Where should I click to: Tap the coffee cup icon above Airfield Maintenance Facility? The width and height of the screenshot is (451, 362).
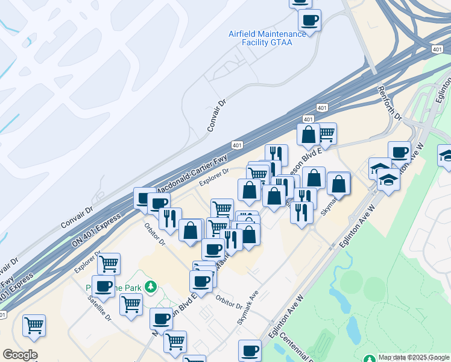tap(310, 21)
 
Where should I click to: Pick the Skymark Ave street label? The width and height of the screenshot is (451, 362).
tap(247, 308)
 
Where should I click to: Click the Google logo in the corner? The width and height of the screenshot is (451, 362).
tap(20, 355)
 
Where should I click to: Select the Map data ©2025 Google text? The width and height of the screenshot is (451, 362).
tap(414, 357)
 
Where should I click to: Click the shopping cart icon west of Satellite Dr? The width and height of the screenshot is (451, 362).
tap(34, 326)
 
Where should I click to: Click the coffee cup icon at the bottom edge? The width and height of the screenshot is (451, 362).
tap(250, 350)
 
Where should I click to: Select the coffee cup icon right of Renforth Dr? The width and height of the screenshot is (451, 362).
tap(399, 151)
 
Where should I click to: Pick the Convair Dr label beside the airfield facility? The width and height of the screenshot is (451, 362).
tap(218, 115)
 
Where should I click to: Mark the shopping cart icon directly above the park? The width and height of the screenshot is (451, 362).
tap(109, 263)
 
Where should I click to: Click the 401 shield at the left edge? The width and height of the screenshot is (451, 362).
tap(3, 315)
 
